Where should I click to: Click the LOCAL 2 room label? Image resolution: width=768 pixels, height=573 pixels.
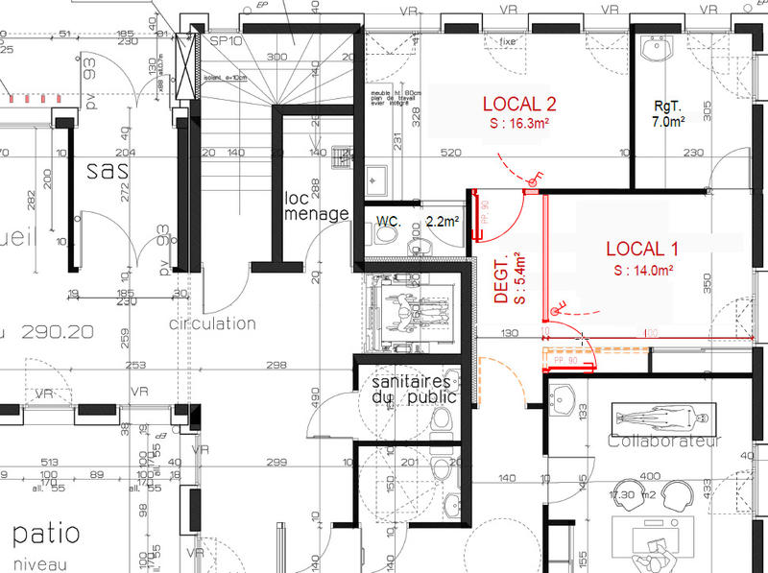(x=519, y=104)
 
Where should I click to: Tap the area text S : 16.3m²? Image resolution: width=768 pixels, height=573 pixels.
(x=520, y=124)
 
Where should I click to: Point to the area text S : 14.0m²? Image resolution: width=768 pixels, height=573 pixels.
(x=641, y=270)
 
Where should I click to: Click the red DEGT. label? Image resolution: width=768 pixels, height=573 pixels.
(x=500, y=281)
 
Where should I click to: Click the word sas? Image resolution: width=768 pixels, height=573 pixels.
(x=107, y=171)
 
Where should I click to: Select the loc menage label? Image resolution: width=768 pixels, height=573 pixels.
(x=316, y=205)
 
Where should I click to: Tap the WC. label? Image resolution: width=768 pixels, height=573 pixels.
(x=389, y=221)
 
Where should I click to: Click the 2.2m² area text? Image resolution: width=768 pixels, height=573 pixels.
(x=443, y=221)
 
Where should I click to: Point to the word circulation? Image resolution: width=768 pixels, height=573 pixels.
(x=212, y=323)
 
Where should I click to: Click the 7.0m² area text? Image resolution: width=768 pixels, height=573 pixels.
(x=668, y=122)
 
